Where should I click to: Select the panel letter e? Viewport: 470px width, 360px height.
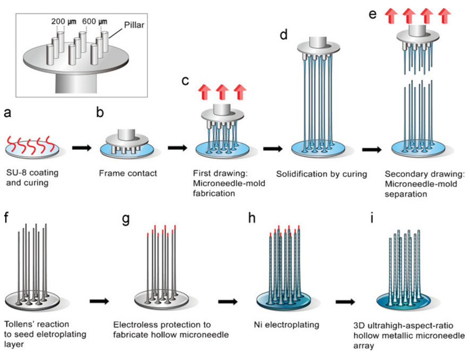[373, 14]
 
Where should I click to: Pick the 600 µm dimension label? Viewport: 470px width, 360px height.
[94, 21]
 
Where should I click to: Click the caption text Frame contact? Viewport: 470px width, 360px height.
[126, 173]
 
